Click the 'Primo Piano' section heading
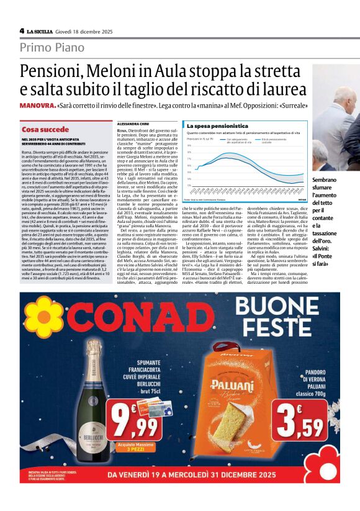[52, 47]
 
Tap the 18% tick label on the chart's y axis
[189, 152]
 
